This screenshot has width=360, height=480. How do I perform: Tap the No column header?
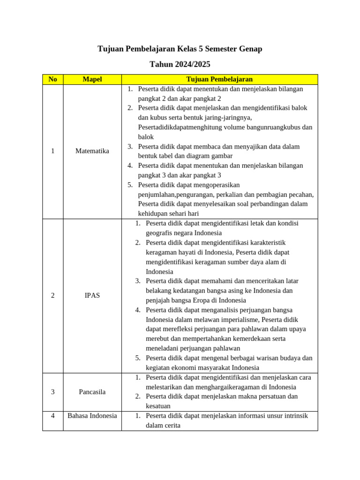52,79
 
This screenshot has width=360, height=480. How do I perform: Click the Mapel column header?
92,79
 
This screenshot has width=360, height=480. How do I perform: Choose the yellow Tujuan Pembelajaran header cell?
219,79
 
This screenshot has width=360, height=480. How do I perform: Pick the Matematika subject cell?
92,151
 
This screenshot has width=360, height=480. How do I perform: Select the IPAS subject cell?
92,295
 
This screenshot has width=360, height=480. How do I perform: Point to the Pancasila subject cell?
92,392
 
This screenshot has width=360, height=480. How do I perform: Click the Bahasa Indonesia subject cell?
92,415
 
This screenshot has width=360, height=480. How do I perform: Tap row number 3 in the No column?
52,392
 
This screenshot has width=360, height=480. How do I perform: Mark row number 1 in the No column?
52,151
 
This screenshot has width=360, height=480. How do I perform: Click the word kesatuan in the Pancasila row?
158,406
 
